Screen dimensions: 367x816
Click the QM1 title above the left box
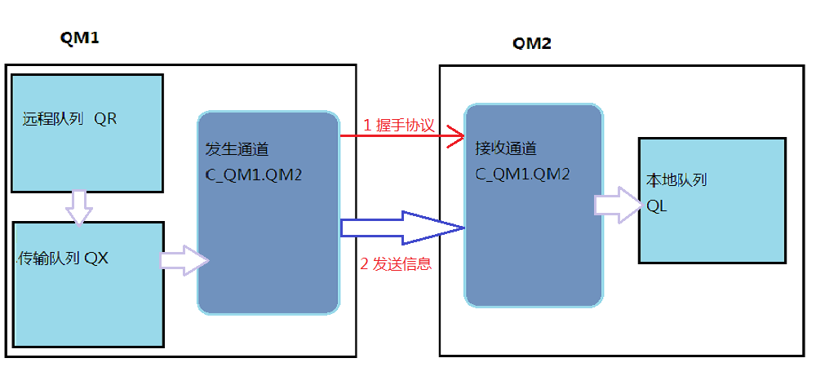point(79,38)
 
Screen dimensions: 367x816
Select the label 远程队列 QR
point(69,119)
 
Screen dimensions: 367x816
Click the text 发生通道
point(237,151)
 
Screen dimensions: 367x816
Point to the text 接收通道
point(505,151)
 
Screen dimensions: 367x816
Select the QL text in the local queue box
point(657,206)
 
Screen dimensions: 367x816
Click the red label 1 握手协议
point(398,126)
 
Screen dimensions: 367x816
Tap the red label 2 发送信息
point(396,264)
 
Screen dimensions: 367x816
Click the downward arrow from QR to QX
point(79,206)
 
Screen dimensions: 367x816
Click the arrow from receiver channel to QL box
point(618,205)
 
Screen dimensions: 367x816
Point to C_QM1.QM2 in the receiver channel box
point(522,174)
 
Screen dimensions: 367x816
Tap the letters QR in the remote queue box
point(105,119)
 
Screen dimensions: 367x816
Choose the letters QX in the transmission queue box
point(96,259)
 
